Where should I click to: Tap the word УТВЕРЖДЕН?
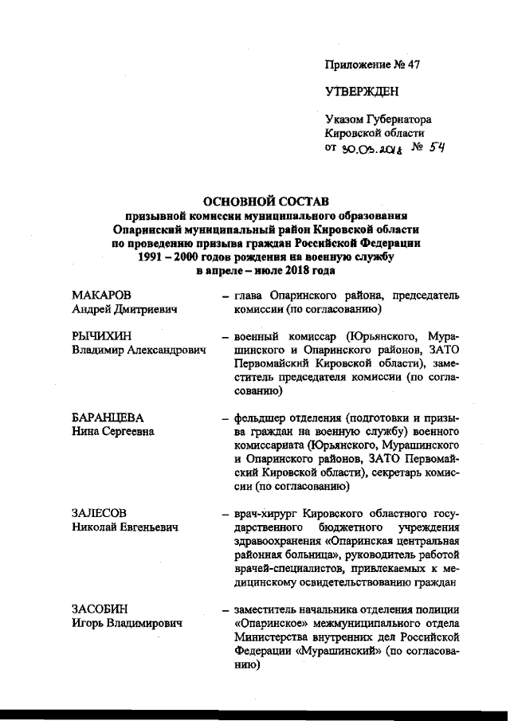363,92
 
